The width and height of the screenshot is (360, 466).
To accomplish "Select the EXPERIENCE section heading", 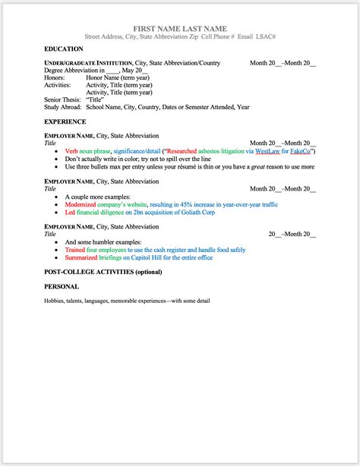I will [65, 121].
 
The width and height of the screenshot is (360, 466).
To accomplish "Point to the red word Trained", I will [75, 249].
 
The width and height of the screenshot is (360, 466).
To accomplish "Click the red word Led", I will [71, 213].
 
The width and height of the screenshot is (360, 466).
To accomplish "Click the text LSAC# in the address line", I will [264, 36].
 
